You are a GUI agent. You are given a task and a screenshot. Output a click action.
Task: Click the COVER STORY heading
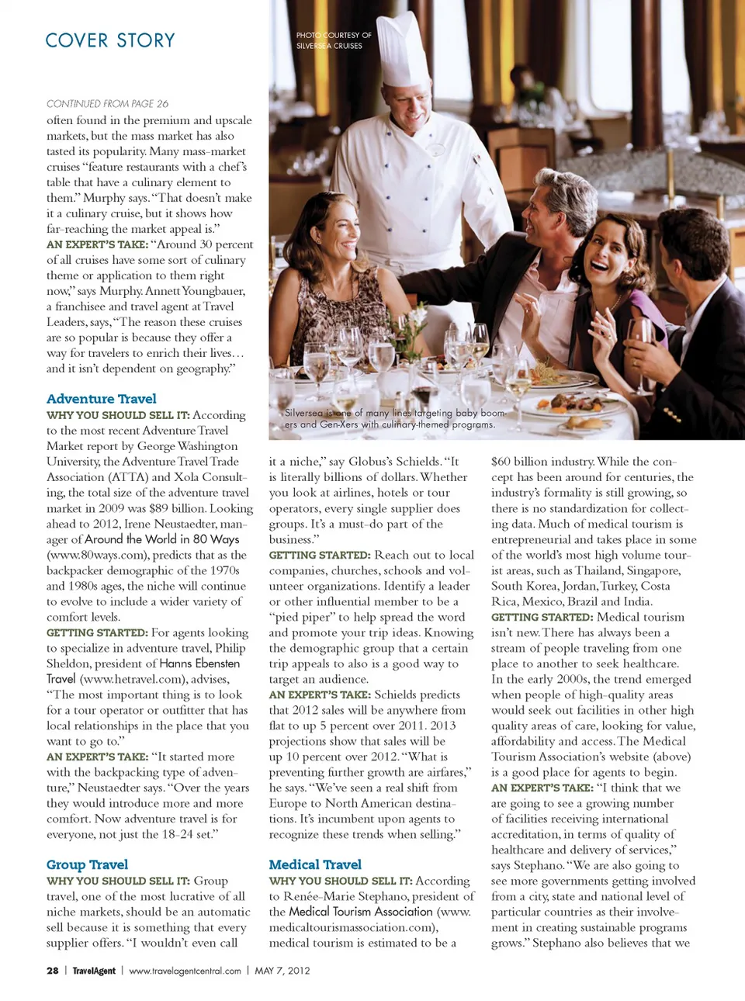(x=110, y=40)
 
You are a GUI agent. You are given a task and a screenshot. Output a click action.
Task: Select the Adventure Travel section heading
(x=101, y=399)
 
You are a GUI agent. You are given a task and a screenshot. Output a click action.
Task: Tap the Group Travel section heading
(x=87, y=864)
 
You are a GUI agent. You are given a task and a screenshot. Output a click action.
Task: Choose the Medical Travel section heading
(x=315, y=864)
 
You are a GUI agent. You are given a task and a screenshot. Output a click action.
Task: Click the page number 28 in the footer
(x=53, y=971)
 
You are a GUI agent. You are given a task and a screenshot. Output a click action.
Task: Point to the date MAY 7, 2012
(x=282, y=971)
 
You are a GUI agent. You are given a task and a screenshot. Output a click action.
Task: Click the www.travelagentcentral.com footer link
(x=185, y=971)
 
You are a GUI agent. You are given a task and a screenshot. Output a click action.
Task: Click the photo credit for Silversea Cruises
(x=334, y=40)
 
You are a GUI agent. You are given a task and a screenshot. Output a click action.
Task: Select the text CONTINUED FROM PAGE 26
(x=107, y=103)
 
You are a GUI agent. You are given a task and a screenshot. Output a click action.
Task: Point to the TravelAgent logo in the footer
(x=94, y=971)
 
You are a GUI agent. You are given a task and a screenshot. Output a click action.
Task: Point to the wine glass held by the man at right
(x=641, y=341)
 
